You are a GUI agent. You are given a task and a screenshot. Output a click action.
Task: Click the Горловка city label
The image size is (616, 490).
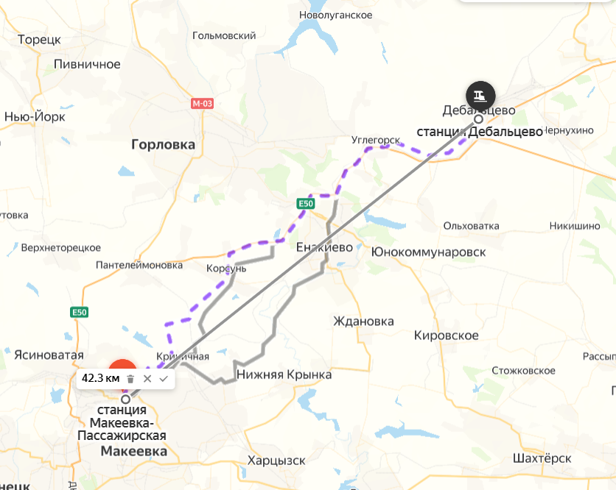coord(163,145)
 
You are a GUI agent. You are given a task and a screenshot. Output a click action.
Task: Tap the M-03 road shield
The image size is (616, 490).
coord(202,104)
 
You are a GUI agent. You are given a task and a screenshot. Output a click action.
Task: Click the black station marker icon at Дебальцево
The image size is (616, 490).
coord(480,95)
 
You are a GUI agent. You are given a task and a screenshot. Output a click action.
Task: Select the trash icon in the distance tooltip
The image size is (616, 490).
coord(130,378)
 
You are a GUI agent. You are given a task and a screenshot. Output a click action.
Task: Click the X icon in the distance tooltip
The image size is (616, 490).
coord(147,378)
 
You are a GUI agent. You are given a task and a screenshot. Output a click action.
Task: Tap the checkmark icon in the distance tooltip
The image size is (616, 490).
coord(164,378)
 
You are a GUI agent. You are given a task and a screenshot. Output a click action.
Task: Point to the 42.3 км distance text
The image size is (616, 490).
coord(100,378)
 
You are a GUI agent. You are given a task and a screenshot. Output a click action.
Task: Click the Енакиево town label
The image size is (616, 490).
coord(323,247)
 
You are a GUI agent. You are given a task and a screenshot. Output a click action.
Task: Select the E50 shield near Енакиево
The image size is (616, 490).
coord(306,203)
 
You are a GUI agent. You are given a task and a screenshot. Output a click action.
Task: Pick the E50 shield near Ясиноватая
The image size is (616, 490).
coord(80,313)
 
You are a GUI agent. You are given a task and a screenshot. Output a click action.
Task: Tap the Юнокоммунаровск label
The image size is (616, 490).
coord(429,252)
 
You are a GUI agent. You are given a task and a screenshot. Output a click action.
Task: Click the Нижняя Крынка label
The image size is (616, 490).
coord(284,374)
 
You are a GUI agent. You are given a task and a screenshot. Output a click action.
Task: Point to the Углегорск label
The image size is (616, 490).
coord(375,140)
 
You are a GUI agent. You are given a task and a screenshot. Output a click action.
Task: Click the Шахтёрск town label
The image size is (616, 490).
coord(543,458)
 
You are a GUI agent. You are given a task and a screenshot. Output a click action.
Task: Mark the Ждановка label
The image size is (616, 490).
coord(363,321)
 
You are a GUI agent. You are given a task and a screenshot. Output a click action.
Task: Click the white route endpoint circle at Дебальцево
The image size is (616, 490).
coord(478,118)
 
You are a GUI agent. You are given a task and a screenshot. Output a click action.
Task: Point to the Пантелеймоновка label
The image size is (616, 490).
coord(139,265)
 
